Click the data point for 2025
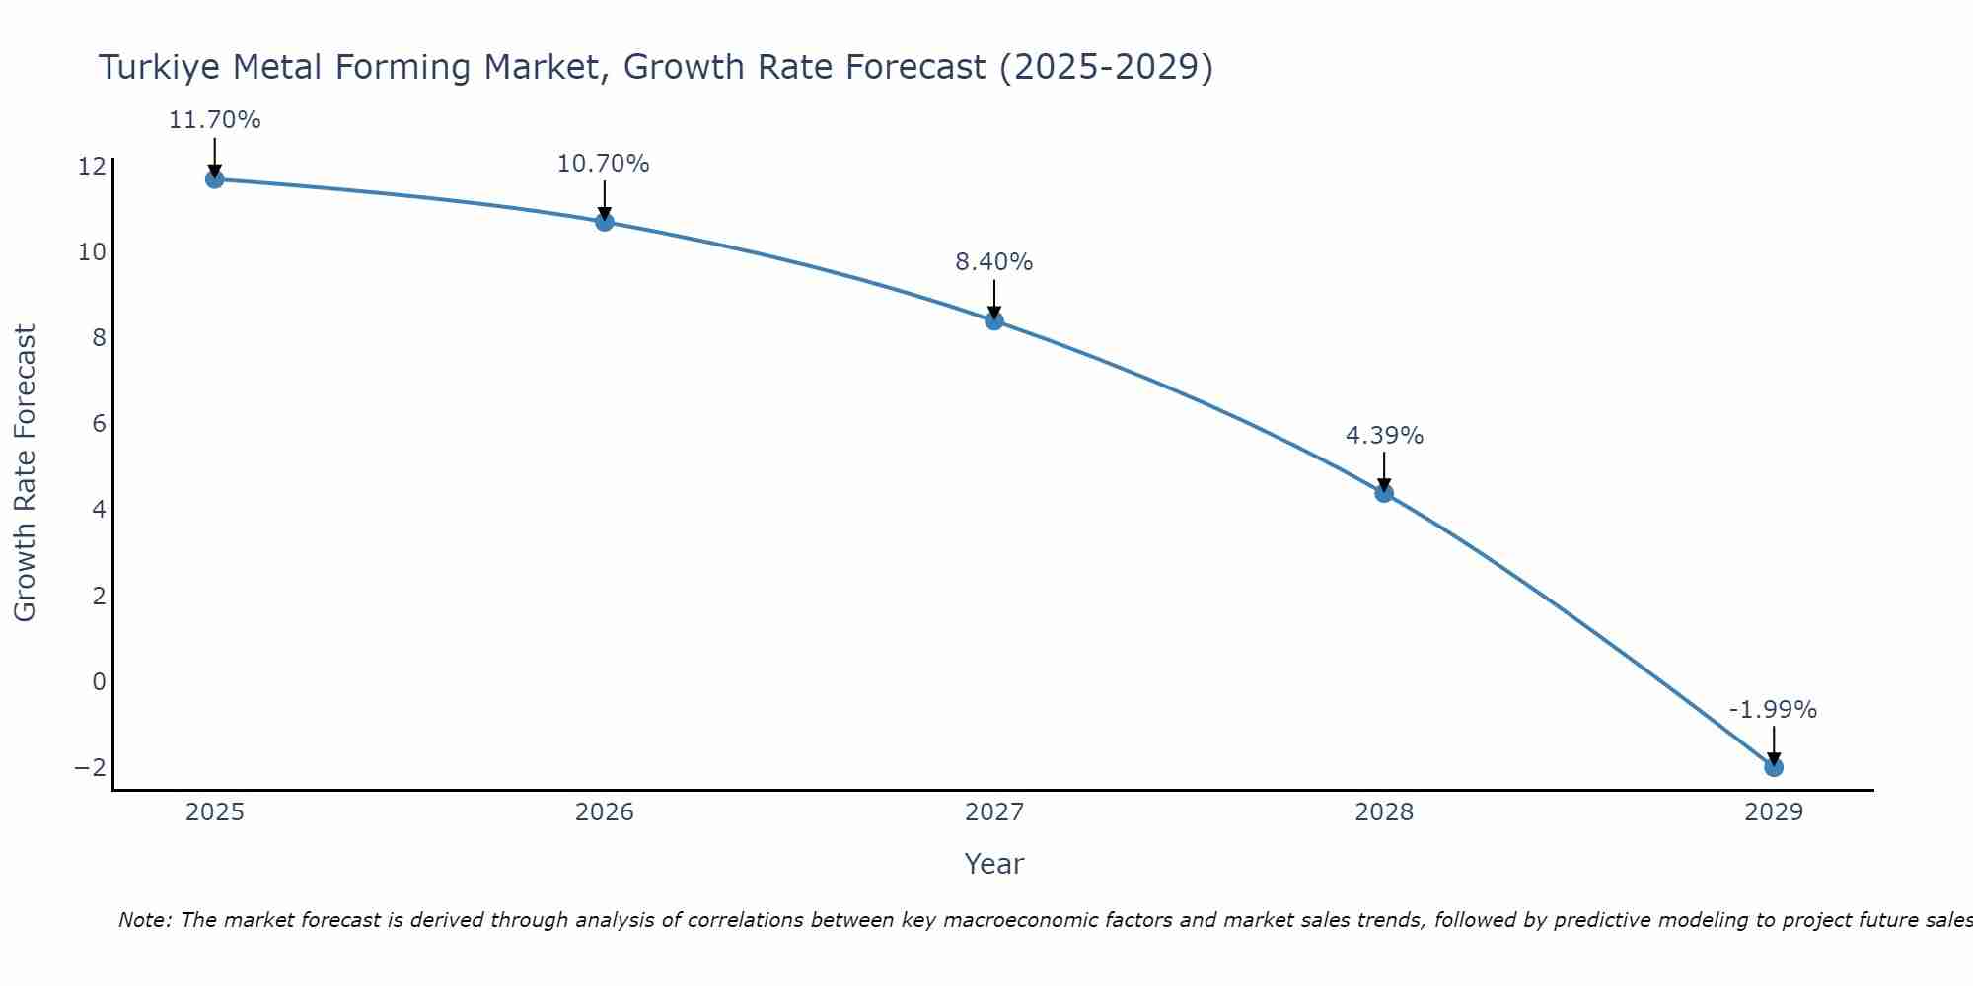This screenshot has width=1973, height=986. coord(215,178)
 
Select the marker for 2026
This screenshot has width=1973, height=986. coord(605,222)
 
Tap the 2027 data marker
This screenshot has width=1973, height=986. coord(994,320)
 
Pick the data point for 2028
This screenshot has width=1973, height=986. coord(1384,493)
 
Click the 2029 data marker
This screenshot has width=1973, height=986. coord(1774,767)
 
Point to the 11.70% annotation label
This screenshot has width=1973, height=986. coord(215,120)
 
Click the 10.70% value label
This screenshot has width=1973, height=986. coord(604,164)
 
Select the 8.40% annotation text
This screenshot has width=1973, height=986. coord(994,262)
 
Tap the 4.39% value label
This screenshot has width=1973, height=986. coord(1384,436)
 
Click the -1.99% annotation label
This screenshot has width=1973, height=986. coord(1773,710)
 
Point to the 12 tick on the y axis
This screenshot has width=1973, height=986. coord(92,166)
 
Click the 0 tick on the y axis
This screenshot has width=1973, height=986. coord(99,681)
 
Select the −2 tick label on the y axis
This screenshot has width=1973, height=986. coord(90,767)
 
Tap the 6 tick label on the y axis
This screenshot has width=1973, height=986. coord(99,424)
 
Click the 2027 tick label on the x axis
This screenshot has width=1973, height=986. coord(994,812)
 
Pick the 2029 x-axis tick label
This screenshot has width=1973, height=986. coord(1774,812)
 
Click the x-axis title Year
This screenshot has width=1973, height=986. coord(994,864)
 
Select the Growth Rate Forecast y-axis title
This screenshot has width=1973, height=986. coord(25,473)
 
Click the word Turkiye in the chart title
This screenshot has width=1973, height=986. coord(158,68)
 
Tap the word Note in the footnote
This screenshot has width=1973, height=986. coord(144,920)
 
